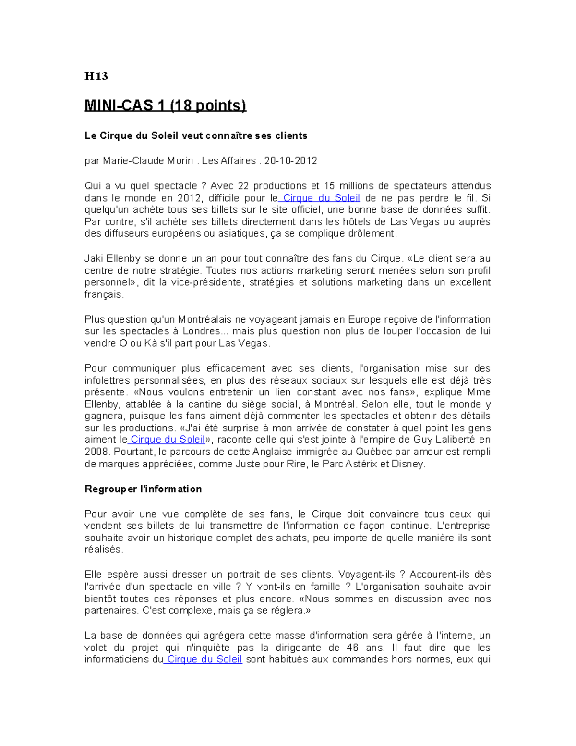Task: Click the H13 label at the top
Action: [x=96, y=76]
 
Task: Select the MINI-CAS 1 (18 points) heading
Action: [x=165, y=105]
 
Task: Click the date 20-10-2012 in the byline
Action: [x=290, y=161]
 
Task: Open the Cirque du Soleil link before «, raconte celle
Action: [x=168, y=440]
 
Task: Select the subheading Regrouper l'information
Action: [x=143, y=489]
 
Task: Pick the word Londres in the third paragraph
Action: [x=204, y=331]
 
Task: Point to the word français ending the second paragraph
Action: [x=104, y=294]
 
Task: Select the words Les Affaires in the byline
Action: [x=229, y=161]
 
